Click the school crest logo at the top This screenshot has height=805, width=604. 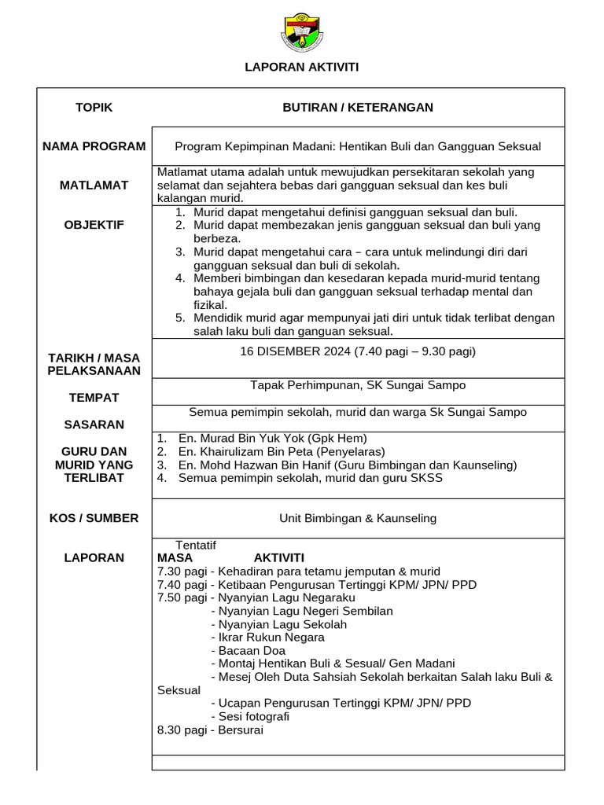point(302,33)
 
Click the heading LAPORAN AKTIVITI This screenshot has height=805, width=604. point(302,68)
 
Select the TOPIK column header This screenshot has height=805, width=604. point(94,108)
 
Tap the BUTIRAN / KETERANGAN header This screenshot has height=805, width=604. point(358,108)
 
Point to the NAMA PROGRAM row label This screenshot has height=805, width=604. point(94,146)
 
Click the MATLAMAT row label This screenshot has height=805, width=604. point(94,186)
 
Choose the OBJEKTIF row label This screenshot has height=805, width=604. point(94,226)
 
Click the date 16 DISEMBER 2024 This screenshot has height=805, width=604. point(296,351)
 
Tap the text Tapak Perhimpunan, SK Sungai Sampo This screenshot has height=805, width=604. point(358,385)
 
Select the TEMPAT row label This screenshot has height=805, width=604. point(94,398)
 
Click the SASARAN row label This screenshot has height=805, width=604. point(94,425)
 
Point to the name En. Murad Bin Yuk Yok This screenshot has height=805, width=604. point(241,439)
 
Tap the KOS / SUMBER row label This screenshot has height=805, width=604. point(94,518)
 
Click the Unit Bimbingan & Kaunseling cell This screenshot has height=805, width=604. point(358,519)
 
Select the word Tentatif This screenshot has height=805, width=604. point(196,545)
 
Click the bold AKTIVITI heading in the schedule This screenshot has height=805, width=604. point(278,558)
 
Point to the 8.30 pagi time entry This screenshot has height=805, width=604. point(182,730)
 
